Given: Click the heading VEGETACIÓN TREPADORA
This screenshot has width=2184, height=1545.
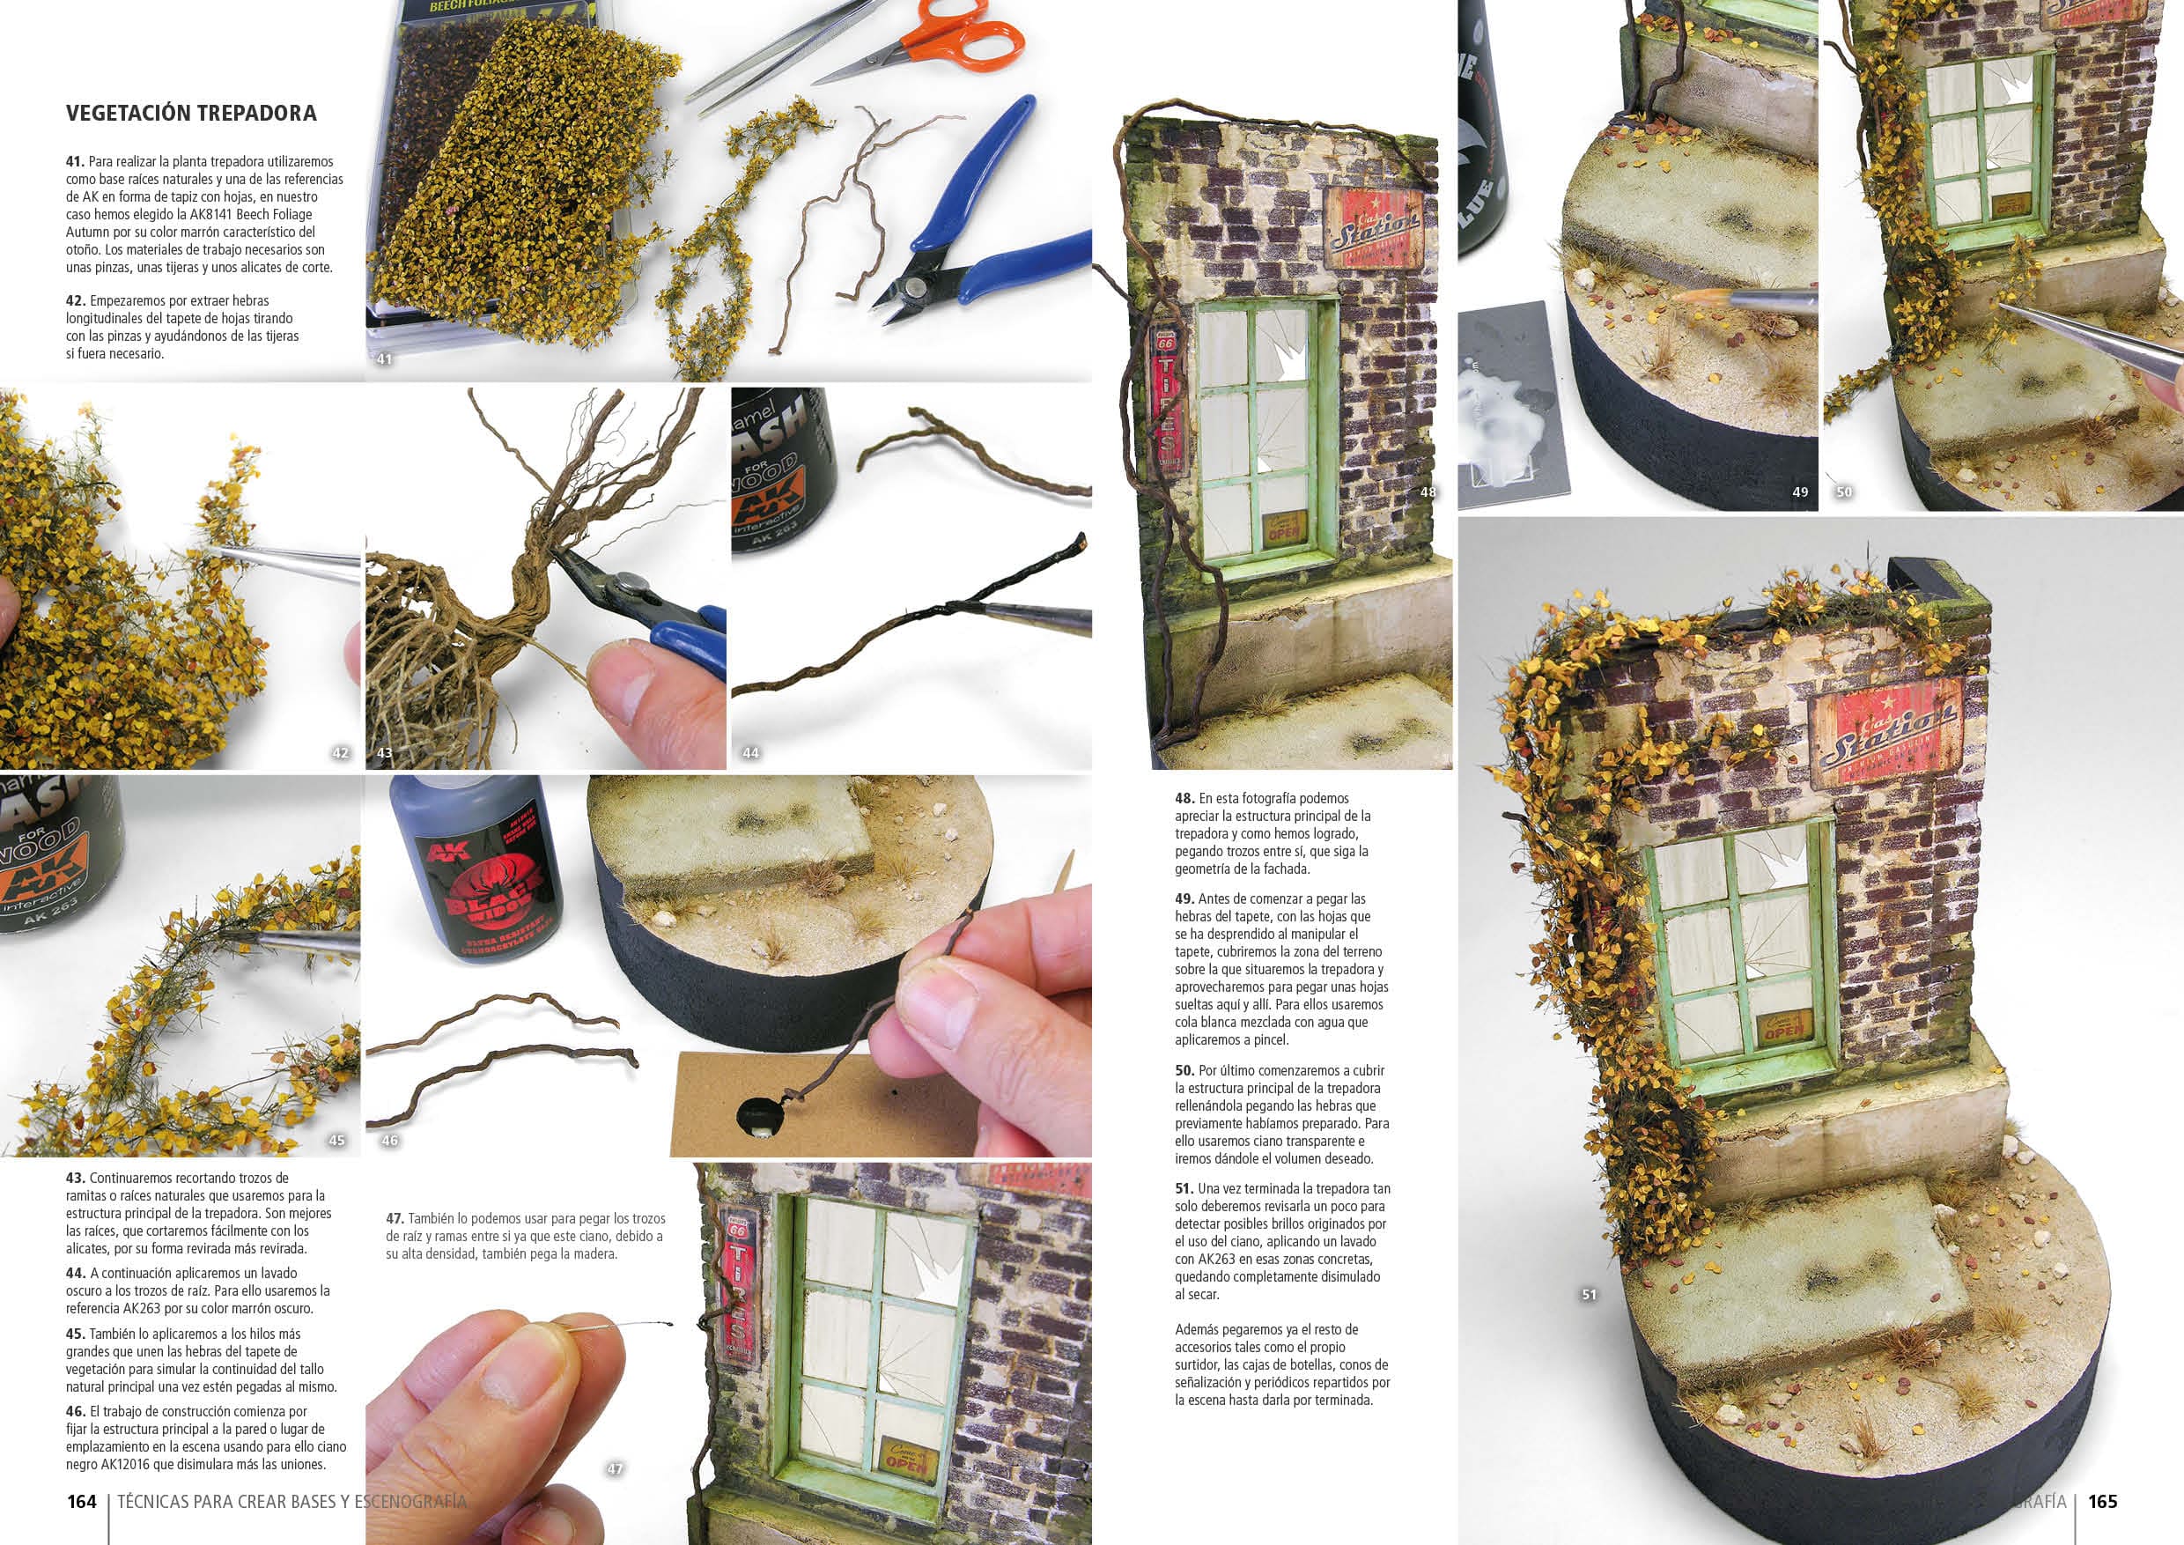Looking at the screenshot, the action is point(191,114).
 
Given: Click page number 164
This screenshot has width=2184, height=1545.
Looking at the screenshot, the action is point(82,1501).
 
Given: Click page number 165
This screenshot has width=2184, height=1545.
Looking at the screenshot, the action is point(2102,1501).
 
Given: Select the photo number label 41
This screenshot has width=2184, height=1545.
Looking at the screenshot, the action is point(384,359).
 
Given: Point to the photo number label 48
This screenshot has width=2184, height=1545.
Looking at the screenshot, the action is point(1428,492).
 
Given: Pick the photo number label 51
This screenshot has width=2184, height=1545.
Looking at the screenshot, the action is point(1589,1294).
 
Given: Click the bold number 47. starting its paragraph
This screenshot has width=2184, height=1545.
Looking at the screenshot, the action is point(395,1219).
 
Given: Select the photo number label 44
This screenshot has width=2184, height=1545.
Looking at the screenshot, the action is point(750,752).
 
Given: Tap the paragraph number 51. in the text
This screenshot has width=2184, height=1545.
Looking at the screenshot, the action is point(1184,1189).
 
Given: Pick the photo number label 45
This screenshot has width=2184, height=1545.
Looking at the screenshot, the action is point(336,1140).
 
